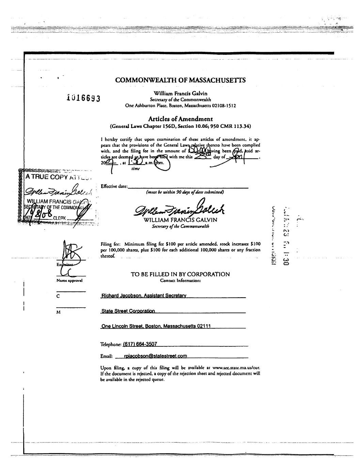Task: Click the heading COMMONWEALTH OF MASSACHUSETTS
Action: pos(181,80)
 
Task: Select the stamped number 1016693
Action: pos(83,98)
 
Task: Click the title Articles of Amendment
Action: pos(180,119)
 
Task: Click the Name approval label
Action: pos(69,280)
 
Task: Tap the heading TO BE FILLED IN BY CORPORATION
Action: pos(180,274)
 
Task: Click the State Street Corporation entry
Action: pos(128,311)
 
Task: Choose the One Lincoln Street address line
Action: pos(156,326)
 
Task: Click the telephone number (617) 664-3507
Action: pos(140,344)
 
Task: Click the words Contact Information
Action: pos(180,281)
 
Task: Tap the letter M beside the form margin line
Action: pos(58,313)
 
